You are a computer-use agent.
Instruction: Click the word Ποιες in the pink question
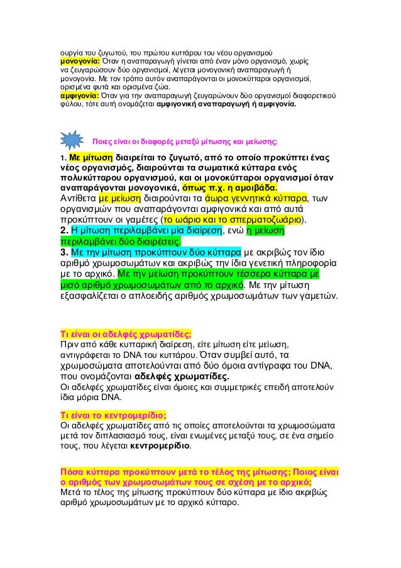tap(103, 140)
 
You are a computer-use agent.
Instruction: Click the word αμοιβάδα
tap(256, 187)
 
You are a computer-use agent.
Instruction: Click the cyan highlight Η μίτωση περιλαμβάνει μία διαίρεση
tap(136, 231)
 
